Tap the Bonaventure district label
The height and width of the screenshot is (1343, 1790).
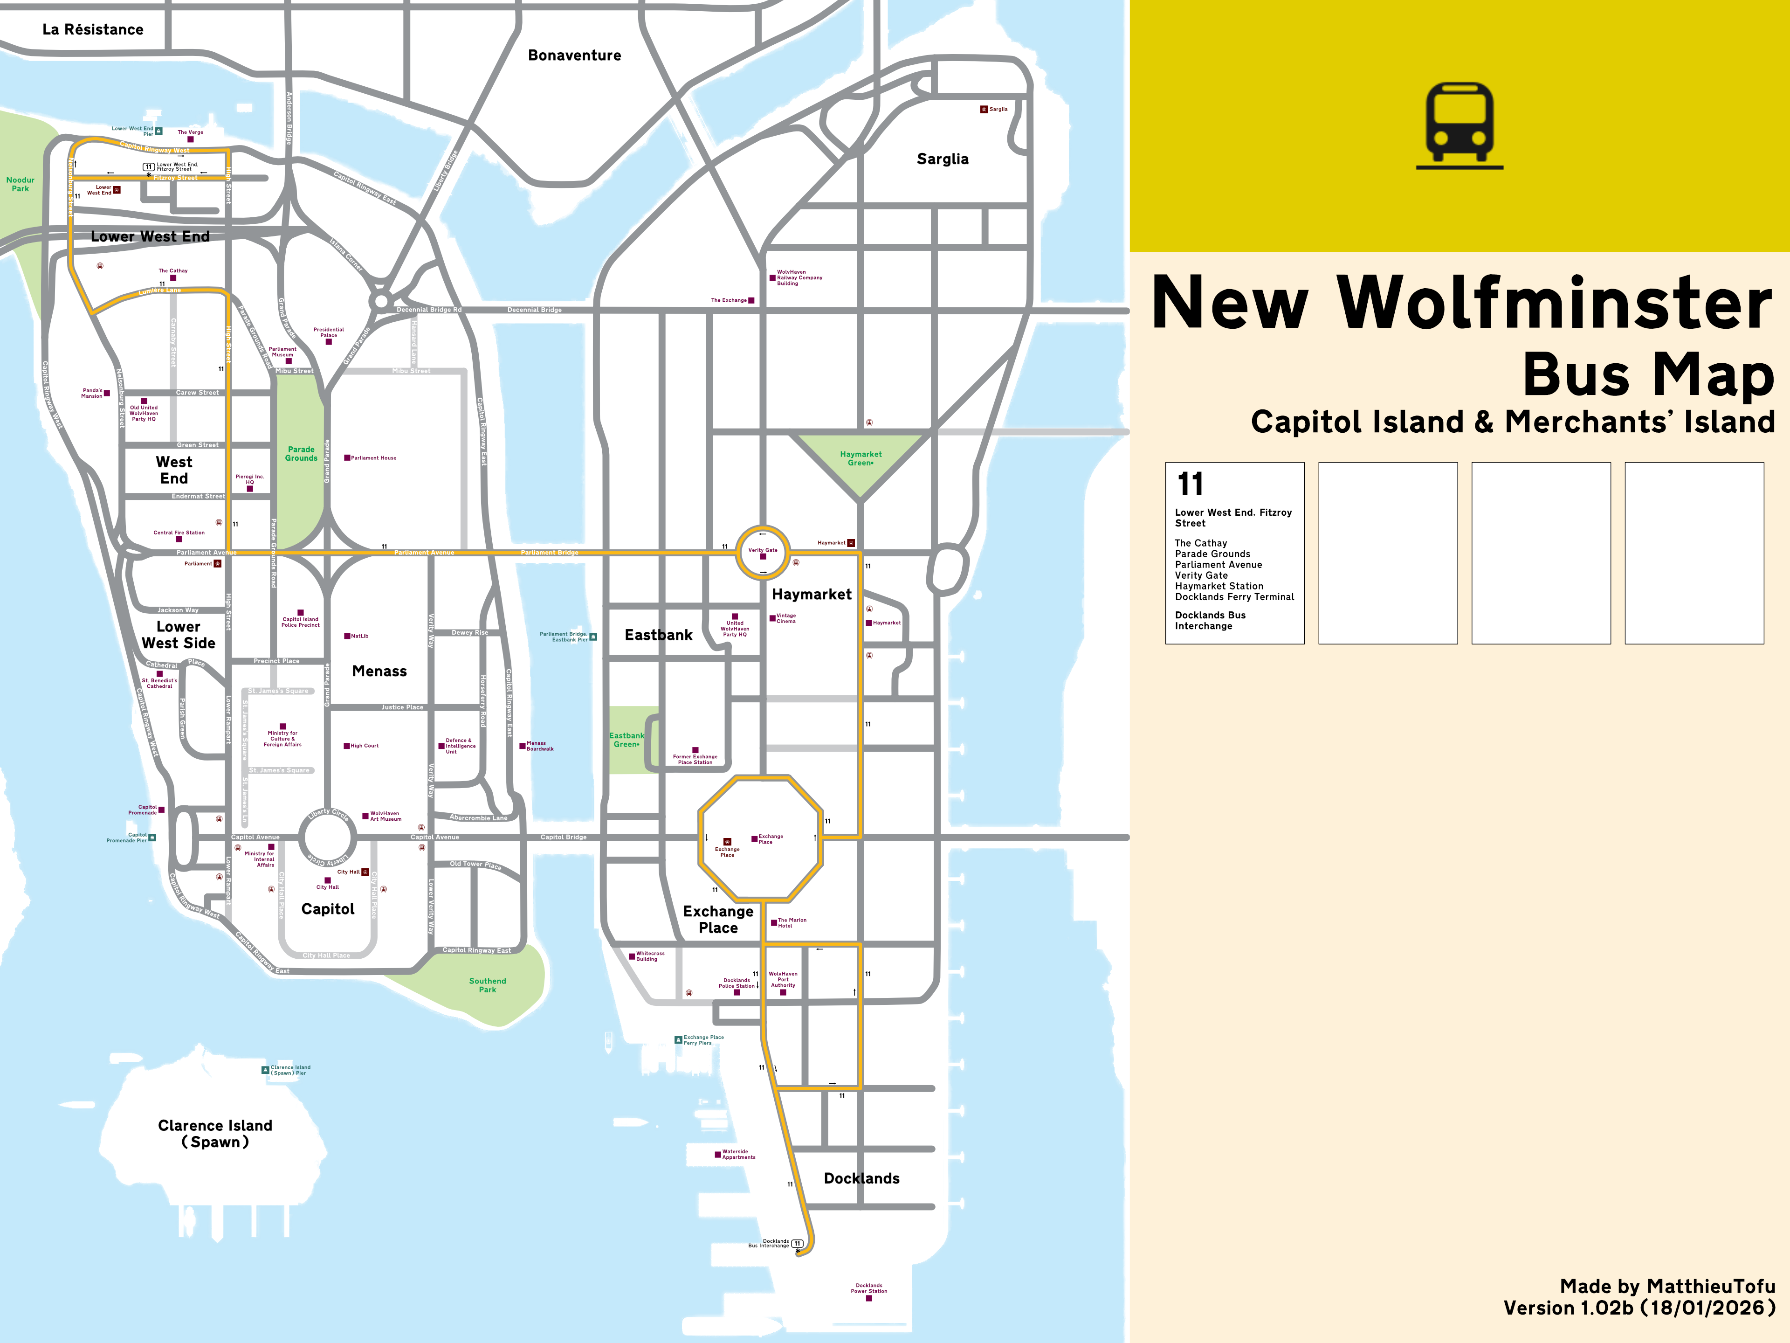[x=575, y=55]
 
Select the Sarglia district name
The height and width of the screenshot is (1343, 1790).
[x=942, y=159]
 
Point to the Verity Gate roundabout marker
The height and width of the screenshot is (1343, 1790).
[x=762, y=556]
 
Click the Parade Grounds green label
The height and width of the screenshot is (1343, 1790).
[x=301, y=453]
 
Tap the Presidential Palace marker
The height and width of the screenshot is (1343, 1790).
[x=329, y=342]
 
